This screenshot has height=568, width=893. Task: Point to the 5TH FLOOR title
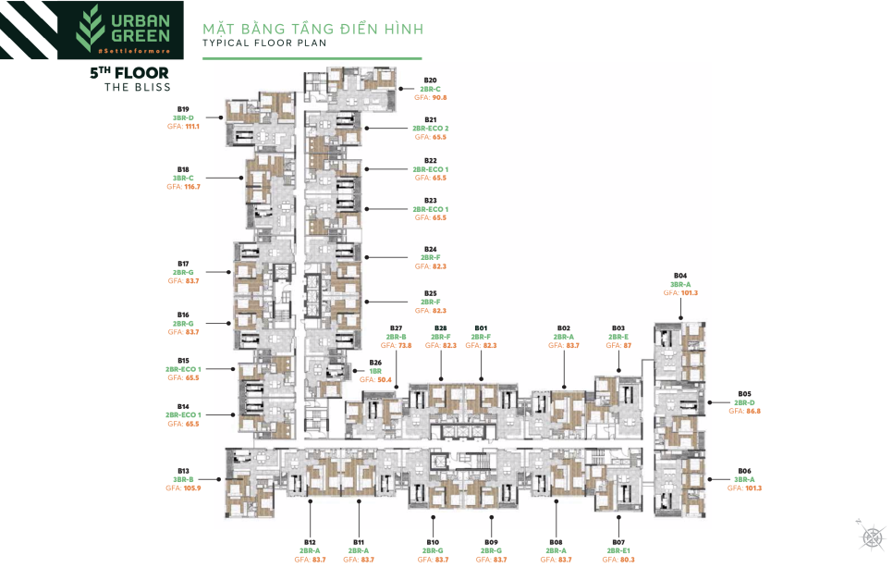click(x=116, y=72)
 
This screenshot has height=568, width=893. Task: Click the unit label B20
click(x=431, y=80)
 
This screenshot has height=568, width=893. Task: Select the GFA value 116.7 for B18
click(x=192, y=186)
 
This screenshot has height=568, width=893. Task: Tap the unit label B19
click(x=183, y=109)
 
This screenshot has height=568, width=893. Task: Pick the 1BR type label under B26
click(x=375, y=371)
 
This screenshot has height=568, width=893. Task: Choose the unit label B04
click(x=679, y=276)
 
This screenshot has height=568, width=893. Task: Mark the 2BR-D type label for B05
click(x=744, y=402)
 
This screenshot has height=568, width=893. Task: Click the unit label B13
click(x=183, y=471)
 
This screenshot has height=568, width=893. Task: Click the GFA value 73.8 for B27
click(x=404, y=345)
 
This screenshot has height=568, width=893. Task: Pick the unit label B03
click(x=618, y=327)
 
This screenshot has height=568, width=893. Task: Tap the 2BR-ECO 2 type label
click(x=431, y=128)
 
